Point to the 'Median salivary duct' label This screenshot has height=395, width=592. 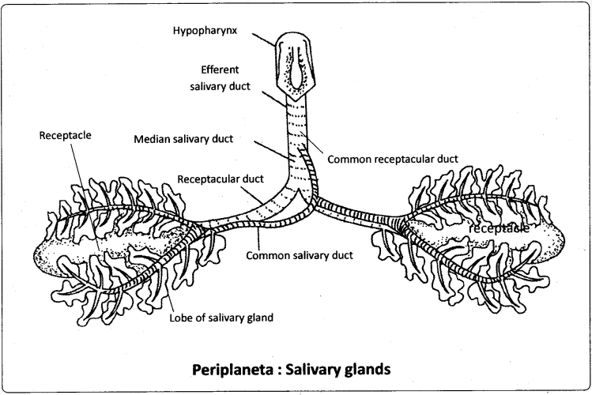tap(194, 139)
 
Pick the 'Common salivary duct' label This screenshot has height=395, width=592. tap(298, 255)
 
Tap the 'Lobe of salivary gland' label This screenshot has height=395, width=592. tap(222, 318)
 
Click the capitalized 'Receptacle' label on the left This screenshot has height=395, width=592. tap(65, 135)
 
